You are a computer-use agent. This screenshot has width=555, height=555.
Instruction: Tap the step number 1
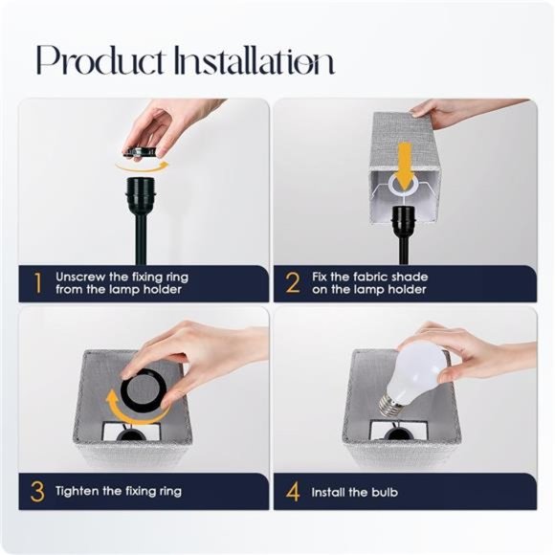pos(37,282)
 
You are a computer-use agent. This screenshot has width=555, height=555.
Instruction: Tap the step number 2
pos(293,282)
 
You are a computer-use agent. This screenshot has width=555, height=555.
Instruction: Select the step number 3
pos(37,492)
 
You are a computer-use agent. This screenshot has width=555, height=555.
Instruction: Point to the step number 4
pos(293,492)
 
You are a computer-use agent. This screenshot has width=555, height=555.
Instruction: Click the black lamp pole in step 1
pos(141,239)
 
